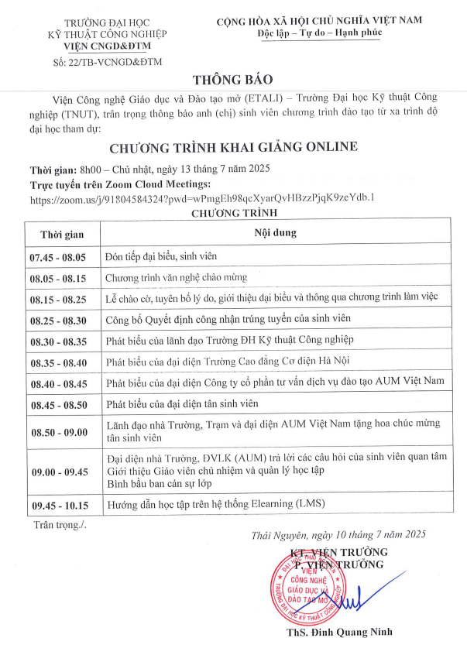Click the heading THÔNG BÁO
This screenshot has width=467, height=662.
tap(233, 80)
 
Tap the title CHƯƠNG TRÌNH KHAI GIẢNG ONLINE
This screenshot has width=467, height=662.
tap(233, 147)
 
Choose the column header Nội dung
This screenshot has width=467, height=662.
tap(275, 232)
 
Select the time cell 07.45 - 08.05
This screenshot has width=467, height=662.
tap(58, 256)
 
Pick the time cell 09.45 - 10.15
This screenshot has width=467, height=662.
tap(58, 505)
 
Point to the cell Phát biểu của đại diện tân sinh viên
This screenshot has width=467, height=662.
tap(193, 403)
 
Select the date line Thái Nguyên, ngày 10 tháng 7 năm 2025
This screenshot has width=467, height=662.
tap(338, 535)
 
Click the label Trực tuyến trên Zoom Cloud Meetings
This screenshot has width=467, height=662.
tap(120, 184)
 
